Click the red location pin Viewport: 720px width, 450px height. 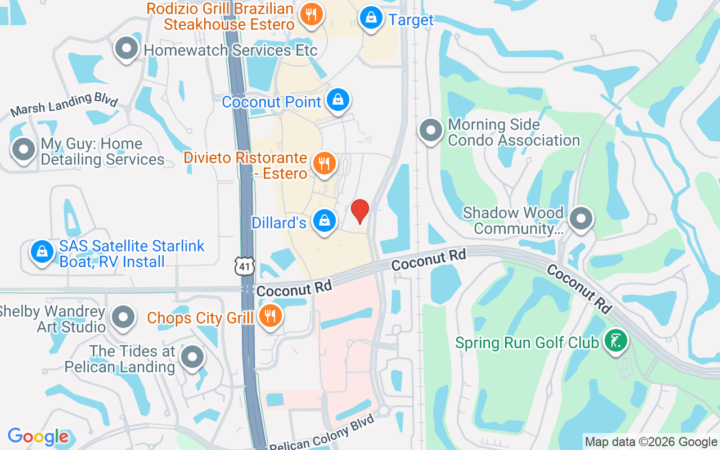pyautogui.click(x=360, y=211)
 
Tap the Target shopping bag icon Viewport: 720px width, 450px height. pyautogui.click(x=371, y=18)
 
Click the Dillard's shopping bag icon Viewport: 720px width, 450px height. pyautogui.click(x=325, y=221)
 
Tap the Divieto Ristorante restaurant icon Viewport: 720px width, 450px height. pyautogui.click(x=324, y=164)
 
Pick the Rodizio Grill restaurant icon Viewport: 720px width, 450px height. pyautogui.click(x=310, y=13)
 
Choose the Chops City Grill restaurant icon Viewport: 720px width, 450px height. pyautogui.click(x=271, y=316)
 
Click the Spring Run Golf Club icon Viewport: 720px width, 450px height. pyautogui.click(x=615, y=341)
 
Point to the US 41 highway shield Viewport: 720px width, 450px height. pyautogui.click(x=246, y=267)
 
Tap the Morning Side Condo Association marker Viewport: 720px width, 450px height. pyautogui.click(x=431, y=130)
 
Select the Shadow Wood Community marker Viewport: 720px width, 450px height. pyautogui.click(x=582, y=219)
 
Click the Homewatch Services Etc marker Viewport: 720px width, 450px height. pyautogui.click(x=127, y=49)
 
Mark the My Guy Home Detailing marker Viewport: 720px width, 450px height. pyautogui.click(x=24, y=150)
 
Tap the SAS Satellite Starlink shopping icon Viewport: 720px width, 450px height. pyautogui.click(x=42, y=253)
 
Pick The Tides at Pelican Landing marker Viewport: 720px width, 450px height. pyautogui.click(x=192, y=357)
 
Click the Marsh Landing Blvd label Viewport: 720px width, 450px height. pyautogui.click(x=64, y=105)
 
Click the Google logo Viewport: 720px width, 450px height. pyautogui.click(x=38, y=436)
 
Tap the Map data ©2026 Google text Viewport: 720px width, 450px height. pyautogui.click(x=651, y=442)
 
